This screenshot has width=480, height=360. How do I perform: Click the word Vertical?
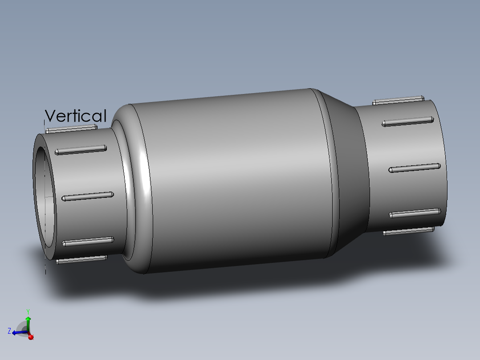[76, 116]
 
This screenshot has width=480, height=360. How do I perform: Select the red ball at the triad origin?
[31, 337]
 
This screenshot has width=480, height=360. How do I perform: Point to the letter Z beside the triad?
[9, 331]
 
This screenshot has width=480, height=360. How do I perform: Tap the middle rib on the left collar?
[87, 196]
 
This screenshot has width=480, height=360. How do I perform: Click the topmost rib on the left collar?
[71, 128]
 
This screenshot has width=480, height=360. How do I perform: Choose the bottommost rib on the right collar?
[408, 231]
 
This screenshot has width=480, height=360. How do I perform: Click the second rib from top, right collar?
[407, 121]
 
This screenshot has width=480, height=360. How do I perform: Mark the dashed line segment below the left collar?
[45, 267]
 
